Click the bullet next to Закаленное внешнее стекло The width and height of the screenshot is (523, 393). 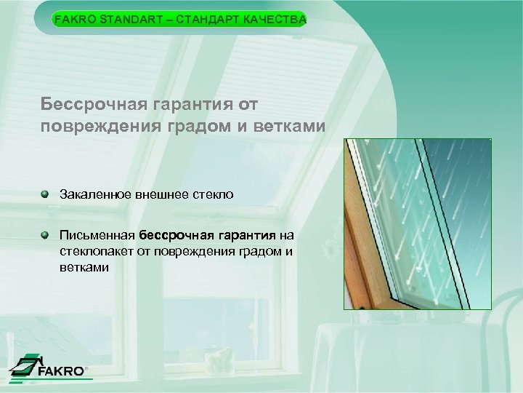[x=46, y=194]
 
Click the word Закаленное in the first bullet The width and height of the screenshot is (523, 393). [x=89, y=195]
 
